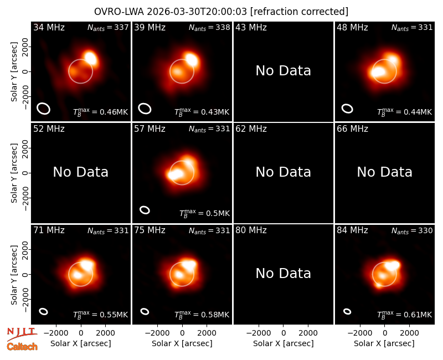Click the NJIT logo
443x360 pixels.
22,333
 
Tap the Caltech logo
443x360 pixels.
22,347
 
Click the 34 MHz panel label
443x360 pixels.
49,27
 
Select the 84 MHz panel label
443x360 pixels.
352,230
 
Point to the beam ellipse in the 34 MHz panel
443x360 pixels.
44,109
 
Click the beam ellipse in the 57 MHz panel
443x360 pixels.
145,210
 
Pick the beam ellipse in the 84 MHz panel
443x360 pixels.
347,311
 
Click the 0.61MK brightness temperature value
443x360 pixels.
418,315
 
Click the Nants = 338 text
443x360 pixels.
209,27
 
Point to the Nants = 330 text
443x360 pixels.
412,230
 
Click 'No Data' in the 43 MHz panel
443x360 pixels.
284,71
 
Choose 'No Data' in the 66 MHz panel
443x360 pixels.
384,172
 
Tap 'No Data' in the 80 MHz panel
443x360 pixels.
284,274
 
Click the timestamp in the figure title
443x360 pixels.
197,12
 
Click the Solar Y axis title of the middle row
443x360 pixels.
14,173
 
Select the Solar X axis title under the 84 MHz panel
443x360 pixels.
384,343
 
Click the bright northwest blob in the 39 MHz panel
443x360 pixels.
191,59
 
